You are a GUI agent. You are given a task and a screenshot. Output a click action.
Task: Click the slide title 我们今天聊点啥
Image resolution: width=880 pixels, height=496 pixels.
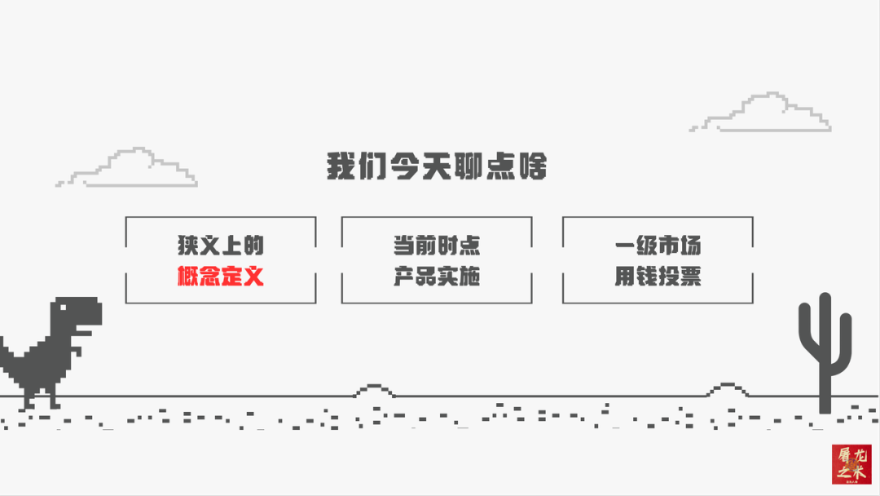click(437, 166)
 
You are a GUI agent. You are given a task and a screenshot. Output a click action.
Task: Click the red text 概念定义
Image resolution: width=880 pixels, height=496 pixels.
click(221, 277)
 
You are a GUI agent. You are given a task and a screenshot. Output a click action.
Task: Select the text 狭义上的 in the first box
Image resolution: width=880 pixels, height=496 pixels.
click(221, 246)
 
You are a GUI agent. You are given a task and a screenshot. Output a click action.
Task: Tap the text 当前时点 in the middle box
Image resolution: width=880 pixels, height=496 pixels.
click(437, 246)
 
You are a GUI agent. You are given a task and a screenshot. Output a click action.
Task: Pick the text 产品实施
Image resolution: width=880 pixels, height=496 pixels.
click(437, 277)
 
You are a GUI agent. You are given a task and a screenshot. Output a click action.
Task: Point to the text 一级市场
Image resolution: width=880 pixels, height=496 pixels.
click(658, 246)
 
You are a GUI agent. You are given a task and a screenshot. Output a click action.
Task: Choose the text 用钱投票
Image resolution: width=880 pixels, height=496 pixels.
click(658, 277)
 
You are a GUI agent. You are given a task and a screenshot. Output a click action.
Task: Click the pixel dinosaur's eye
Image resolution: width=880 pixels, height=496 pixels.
click(64, 308)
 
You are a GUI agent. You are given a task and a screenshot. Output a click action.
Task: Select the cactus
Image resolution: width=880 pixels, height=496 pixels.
click(825, 351)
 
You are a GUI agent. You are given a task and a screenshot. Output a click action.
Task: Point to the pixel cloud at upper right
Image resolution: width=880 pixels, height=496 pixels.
click(763, 113)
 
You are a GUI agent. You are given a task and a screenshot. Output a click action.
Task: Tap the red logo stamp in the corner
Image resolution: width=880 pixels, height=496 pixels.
click(851, 464)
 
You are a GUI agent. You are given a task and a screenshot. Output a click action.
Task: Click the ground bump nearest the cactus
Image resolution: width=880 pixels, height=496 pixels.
click(724, 391)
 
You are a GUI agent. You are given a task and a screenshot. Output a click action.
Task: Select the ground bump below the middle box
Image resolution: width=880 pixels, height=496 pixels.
click(374, 391)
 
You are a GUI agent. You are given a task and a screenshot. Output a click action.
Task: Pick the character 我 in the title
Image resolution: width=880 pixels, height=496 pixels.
click(341, 166)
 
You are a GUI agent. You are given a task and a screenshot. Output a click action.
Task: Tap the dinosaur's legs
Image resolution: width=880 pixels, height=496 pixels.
click(41, 396)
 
